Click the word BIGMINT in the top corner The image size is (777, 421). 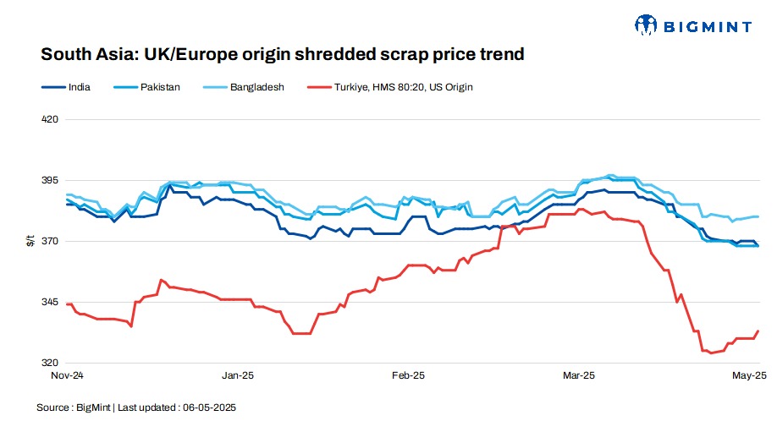[x=706, y=26]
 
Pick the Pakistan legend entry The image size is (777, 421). [x=158, y=86]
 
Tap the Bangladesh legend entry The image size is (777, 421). [x=256, y=86]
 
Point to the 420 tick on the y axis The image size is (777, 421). [x=50, y=119]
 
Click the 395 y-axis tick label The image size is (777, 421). [x=50, y=181]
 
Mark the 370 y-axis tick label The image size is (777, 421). [x=50, y=242]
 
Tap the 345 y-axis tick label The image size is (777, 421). [x=50, y=303]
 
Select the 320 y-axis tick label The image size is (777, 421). [x=50, y=364]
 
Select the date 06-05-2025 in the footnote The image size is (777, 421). [x=207, y=407]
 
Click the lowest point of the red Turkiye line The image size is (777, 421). [x=710, y=353]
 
